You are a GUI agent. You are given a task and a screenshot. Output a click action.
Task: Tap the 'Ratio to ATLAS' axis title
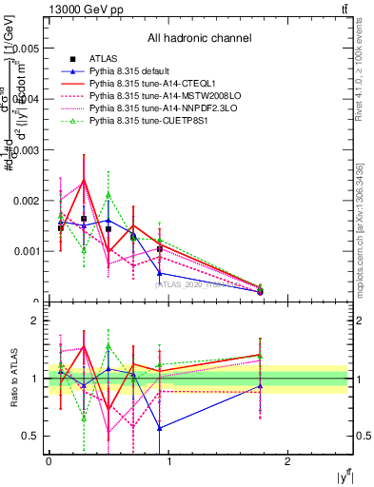pyautogui.click(x=12, y=379)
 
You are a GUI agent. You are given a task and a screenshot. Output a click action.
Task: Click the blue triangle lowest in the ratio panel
pyautogui.click(x=160, y=428)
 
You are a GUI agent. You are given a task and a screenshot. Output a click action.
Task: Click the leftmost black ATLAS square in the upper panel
pyautogui.click(x=61, y=228)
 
